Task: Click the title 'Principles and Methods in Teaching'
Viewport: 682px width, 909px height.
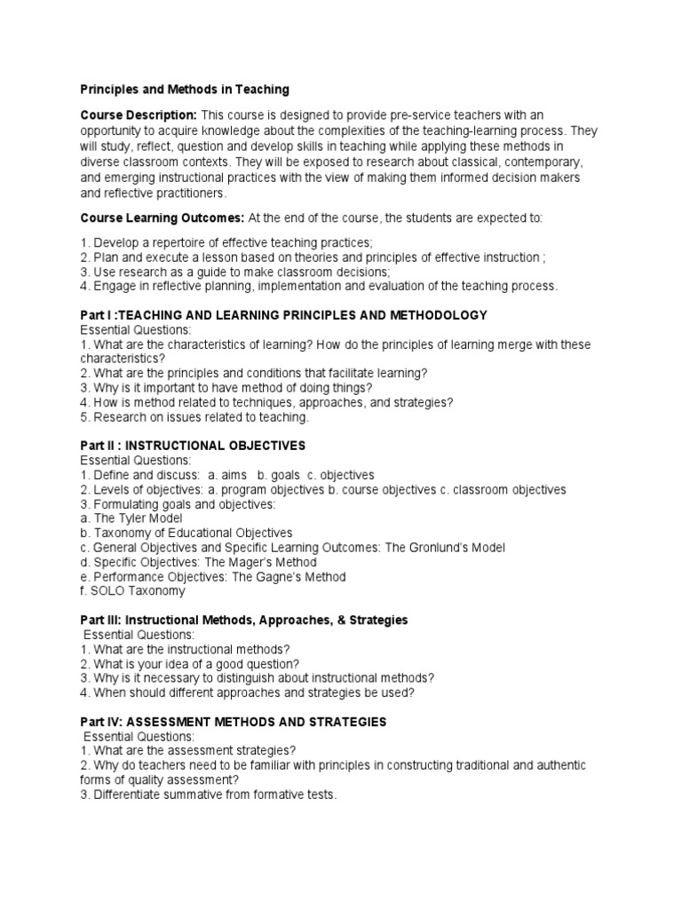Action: (185, 90)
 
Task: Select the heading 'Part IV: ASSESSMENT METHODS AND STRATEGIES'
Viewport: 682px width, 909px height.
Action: (234, 722)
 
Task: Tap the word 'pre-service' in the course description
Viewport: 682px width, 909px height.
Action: (416, 115)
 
